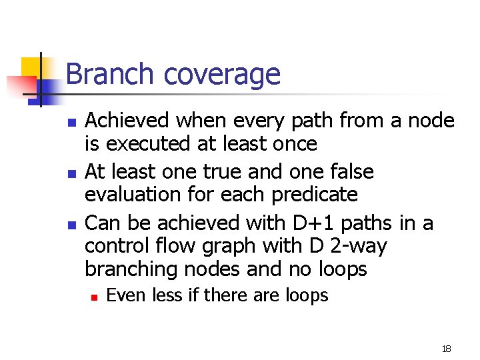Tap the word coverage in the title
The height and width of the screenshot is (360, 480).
pyautogui.click(x=222, y=75)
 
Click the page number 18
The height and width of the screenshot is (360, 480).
pyautogui.click(x=446, y=349)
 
